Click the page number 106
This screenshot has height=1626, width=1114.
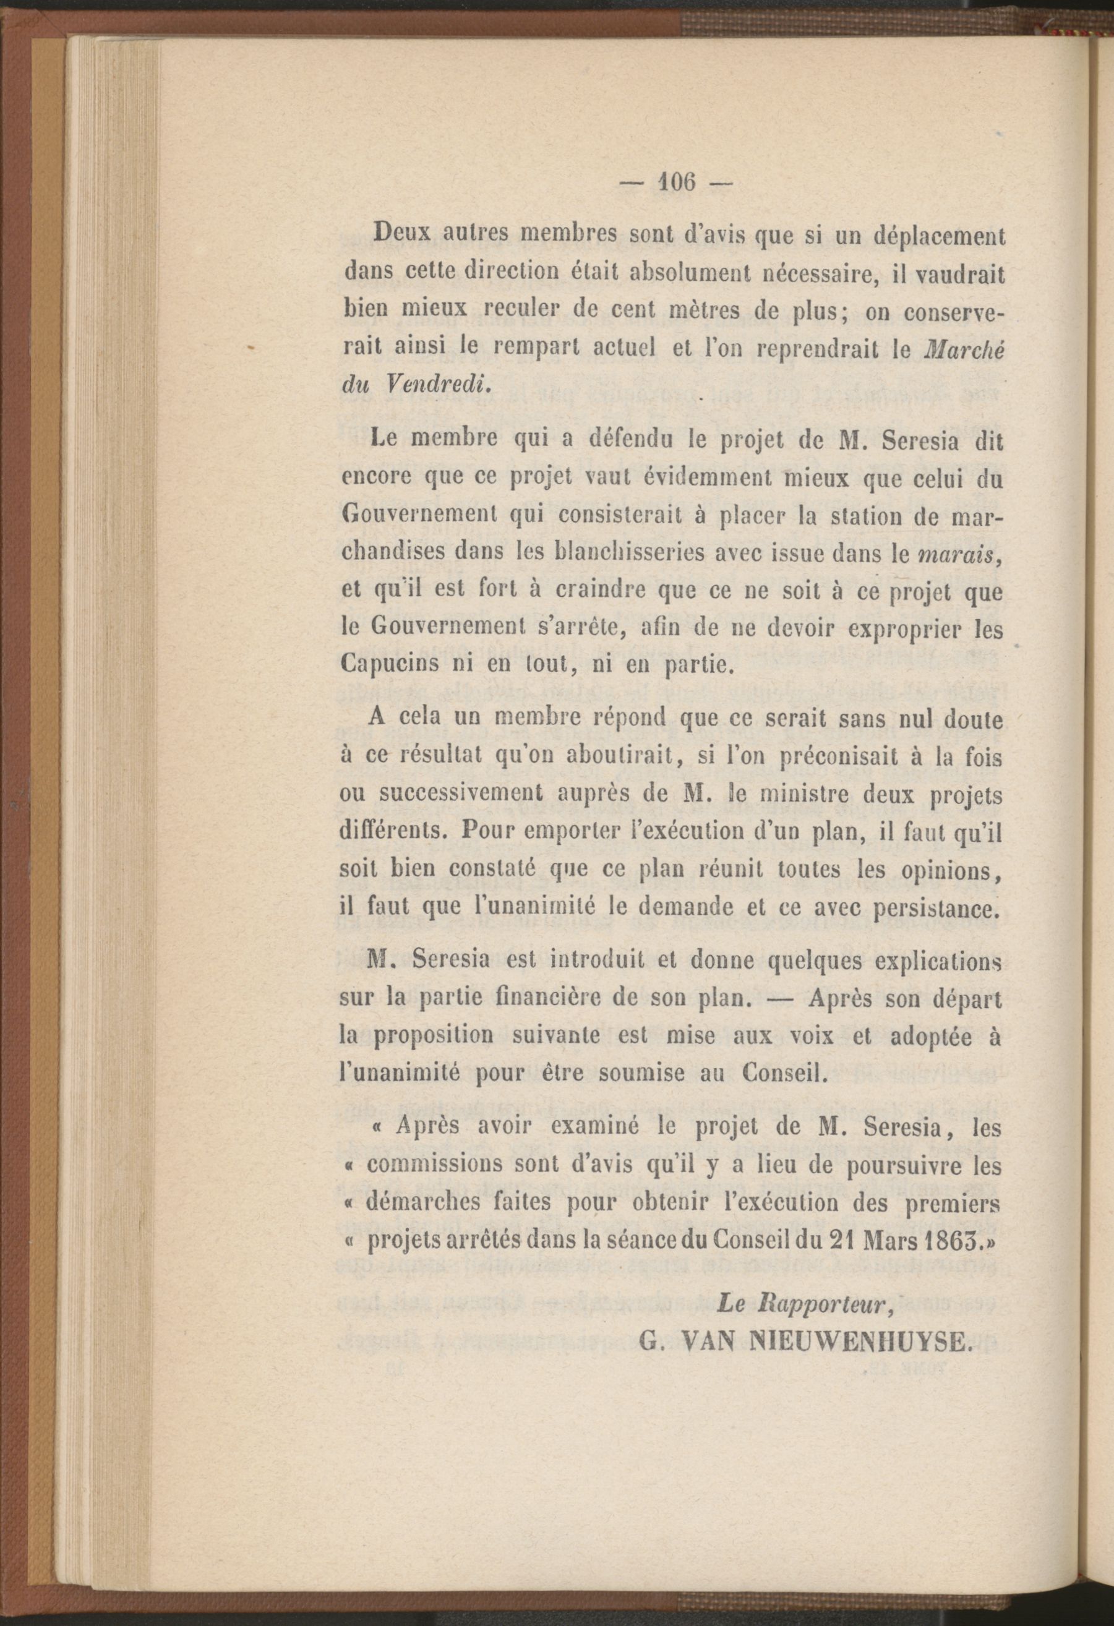tap(675, 183)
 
